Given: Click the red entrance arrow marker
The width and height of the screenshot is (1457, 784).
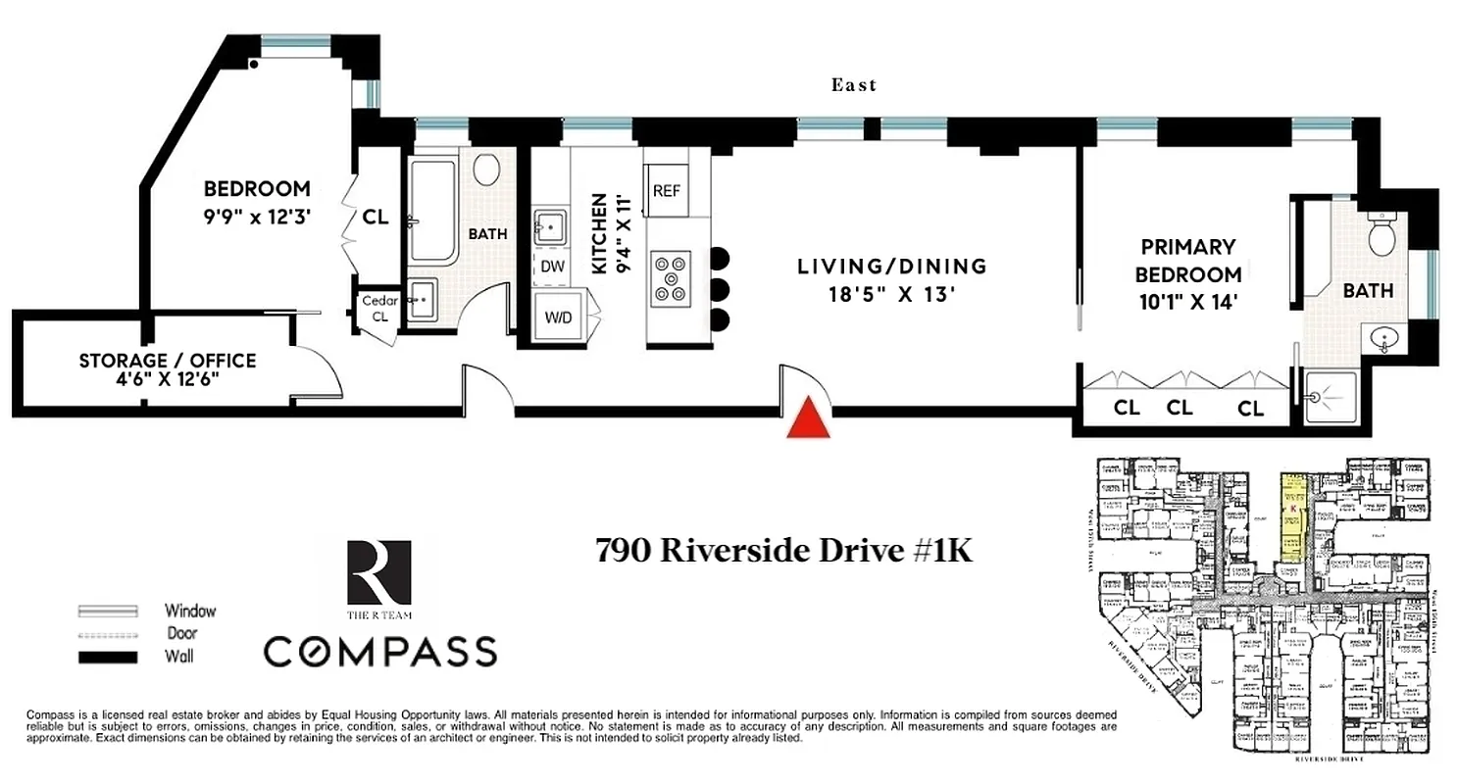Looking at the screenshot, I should [809, 418].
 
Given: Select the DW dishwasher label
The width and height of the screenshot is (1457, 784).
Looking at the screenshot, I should [551, 266].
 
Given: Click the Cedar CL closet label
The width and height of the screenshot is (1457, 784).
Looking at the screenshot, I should [379, 309].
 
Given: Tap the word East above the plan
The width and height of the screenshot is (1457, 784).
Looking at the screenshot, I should [854, 85].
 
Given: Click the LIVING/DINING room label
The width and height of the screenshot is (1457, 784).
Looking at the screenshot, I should [890, 266].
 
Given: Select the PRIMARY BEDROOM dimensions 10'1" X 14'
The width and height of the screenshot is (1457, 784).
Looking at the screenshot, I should [1187, 303].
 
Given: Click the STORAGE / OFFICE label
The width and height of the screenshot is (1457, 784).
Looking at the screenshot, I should [168, 361].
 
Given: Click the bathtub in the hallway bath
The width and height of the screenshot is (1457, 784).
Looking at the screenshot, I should [431, 211].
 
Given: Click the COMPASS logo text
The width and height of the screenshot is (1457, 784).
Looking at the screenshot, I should [378, 652].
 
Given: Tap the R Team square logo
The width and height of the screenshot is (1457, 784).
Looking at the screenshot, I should [378, 573].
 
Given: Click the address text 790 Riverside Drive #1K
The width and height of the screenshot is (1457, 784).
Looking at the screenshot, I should [784, 552].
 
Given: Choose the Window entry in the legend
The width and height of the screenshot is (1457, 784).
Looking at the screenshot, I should [189, 611].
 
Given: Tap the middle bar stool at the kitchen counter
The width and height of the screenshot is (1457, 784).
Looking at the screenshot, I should [720, 289].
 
